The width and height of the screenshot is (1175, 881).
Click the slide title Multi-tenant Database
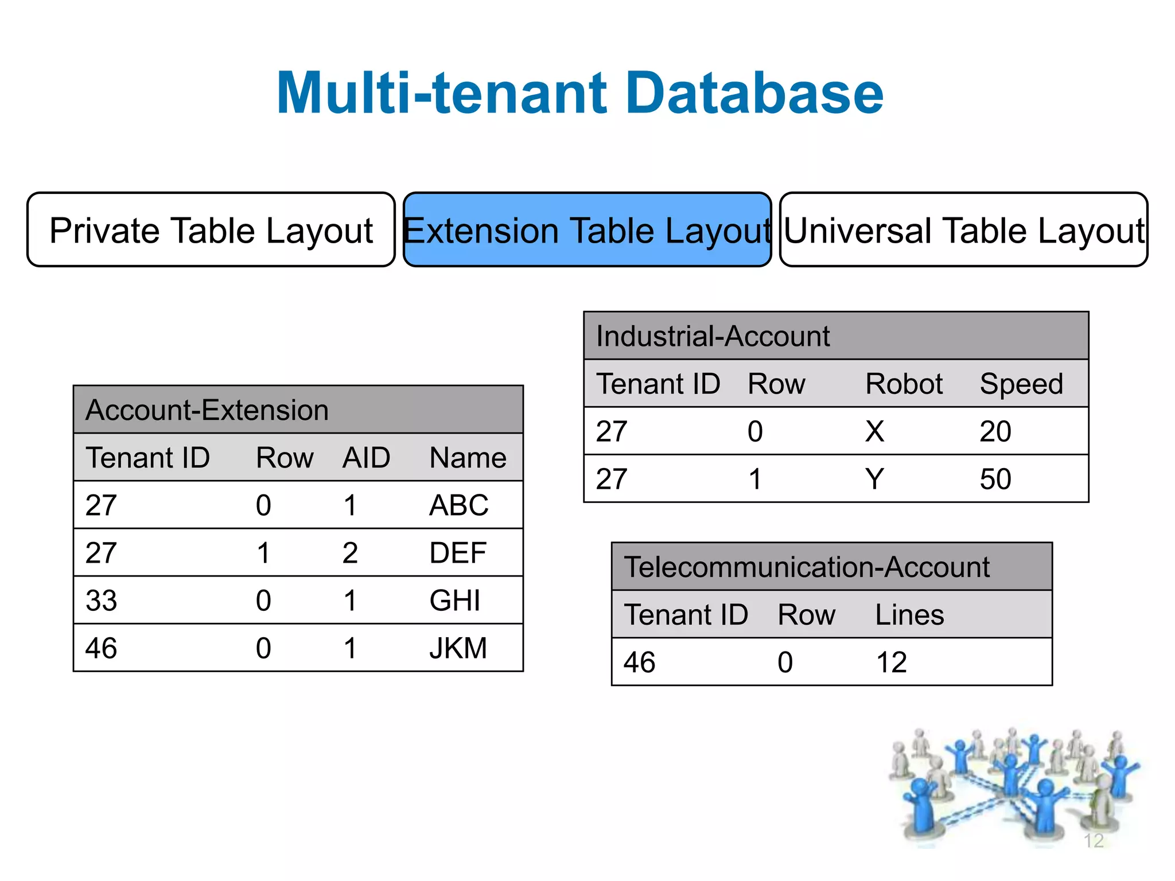click(x=579, y=93)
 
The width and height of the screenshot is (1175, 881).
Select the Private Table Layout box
click(x=211, y=230)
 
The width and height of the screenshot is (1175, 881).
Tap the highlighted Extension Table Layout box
click(x=587, y=230)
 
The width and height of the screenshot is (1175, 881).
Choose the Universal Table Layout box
click(x=963, y=230)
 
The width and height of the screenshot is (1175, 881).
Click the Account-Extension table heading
click(x=207, y=410)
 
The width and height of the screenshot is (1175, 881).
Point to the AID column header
click(x=366, y=458)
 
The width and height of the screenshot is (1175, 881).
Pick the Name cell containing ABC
click(x=458, y=505)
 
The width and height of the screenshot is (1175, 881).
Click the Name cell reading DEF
click(x=457, y=553)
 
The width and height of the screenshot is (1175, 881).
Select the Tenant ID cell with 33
click(x=102, y=601)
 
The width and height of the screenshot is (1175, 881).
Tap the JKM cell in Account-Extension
click(x=458, y=648)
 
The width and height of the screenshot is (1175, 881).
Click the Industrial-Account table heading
click(x=713, y=336)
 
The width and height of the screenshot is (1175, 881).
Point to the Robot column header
click(x=904, y=384)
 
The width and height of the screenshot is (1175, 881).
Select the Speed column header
click(x=1021, y=384)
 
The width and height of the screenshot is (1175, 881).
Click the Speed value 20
click(x=995, y=431)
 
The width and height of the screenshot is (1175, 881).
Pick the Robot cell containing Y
click(x=874, y=479)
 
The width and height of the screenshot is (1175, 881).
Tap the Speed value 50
click(x=995, y=479)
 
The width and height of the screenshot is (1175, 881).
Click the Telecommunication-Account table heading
click(x=807, y=567)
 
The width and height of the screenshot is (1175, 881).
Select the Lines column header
click(x=909, y=615)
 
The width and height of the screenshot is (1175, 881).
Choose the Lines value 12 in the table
click(x=891, y=662)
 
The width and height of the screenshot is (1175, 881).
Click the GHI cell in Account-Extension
click(x=454, y=601)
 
